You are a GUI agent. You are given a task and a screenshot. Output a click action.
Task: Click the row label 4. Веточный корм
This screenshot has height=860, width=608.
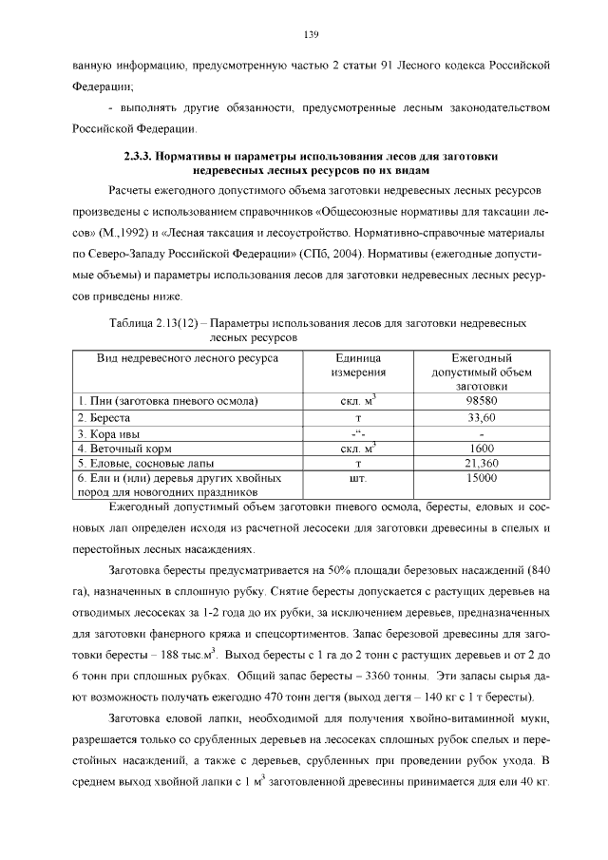click(x=122, y=448)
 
